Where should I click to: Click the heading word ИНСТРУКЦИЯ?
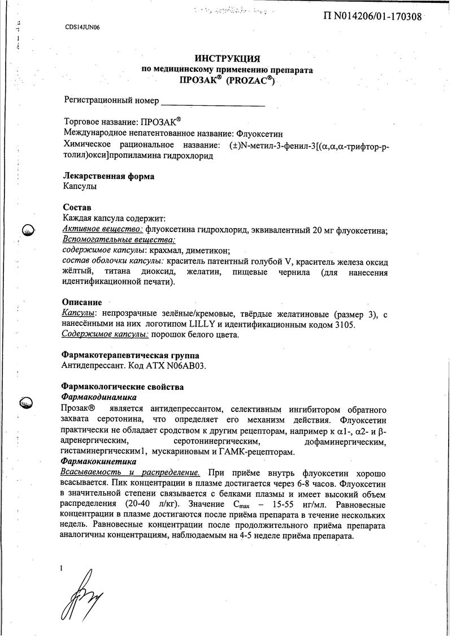[227, 58]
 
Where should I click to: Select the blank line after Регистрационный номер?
[213, 104]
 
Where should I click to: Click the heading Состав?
[76, 208]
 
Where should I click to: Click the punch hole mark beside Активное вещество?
[27, 230]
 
